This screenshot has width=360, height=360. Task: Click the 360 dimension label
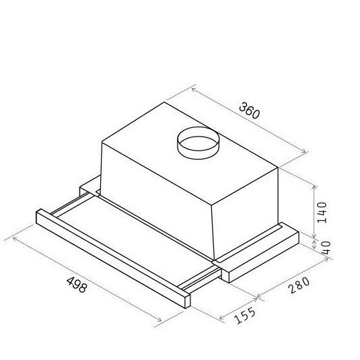pos(249,111)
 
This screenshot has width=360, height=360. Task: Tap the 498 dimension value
pos(77,285)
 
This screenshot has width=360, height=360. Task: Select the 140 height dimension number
pos(322,213)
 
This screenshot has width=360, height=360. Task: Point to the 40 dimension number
pos(326,248)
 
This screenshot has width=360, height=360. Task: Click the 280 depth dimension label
pos(299,285)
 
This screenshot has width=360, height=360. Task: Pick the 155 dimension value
pos(245,316)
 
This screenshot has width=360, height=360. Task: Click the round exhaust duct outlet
pos(199,143)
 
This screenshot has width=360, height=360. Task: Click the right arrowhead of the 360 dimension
pos(304,152)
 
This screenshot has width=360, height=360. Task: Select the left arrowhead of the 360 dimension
pos(193,89)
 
